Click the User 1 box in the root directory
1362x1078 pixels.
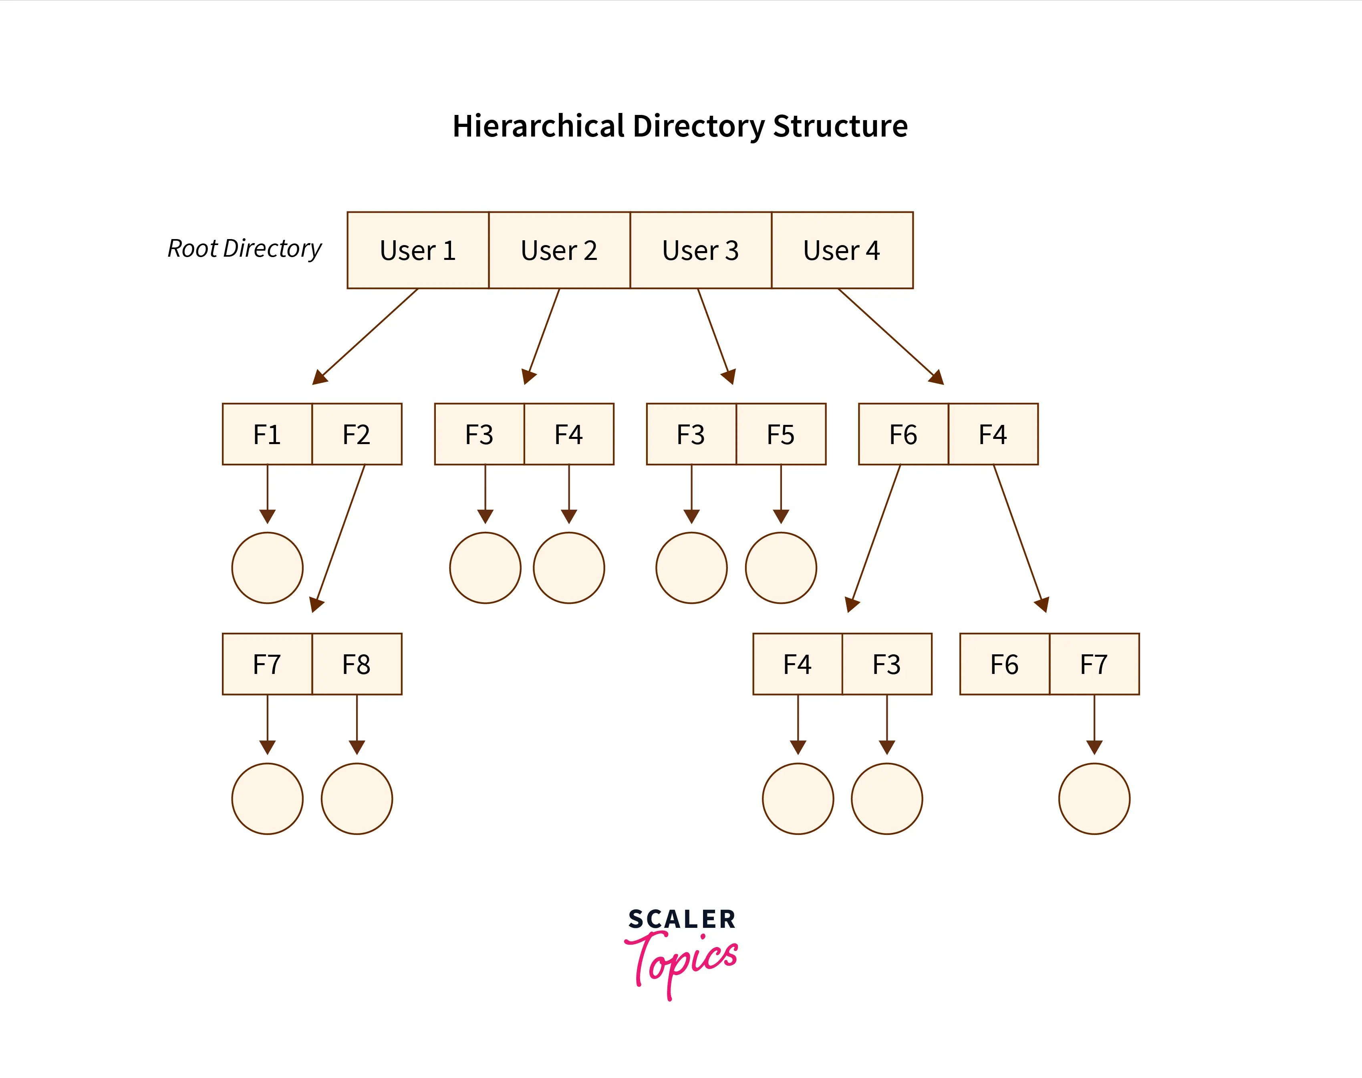(x=417, y=251)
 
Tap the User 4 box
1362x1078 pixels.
(x=842, y=251)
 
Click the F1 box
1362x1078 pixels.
(x=267, y=434)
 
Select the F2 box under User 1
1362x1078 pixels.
(x=357, y=434)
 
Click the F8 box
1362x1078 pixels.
(x=357, y=664)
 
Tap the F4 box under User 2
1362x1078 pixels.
(x=568, y=434)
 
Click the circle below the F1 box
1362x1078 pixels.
(x=267, y=567)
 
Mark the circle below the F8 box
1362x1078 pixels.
(x=357, y=798)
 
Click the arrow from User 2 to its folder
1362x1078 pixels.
(x=543, y=334)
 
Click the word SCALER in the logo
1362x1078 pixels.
(x=681, y=919)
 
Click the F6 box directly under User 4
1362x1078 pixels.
(x=903, y=434)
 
